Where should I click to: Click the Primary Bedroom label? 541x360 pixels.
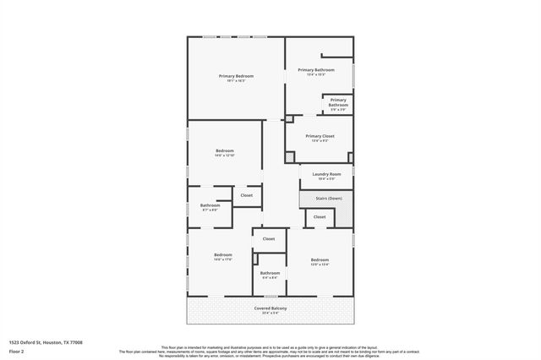[237, 76]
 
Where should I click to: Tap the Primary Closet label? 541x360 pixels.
[320, 135]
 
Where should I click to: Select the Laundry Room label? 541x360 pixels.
[326, 174]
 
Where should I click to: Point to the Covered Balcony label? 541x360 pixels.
[270, 308]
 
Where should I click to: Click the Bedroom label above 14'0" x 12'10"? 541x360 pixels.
[224, 150]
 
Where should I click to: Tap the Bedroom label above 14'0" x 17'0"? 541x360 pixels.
[223, 254]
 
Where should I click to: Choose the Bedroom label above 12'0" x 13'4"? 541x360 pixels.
[320, 259]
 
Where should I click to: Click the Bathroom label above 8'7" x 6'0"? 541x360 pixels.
[210, 205]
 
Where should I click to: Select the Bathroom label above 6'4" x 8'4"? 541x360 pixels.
[270, 272]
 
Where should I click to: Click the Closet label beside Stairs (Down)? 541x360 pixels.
[320, 217]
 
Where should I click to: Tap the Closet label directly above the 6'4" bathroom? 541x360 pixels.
[269, 239]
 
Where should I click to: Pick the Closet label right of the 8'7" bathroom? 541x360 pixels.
[246, 195]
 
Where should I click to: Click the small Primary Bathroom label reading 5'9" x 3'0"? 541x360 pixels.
[338, 102]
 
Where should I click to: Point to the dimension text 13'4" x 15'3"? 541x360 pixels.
[316, 75]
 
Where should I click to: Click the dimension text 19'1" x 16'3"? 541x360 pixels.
[237, 81]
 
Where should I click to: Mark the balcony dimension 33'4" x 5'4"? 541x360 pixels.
[270, 313]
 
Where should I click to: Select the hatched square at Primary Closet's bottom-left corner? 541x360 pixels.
[290, 156]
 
